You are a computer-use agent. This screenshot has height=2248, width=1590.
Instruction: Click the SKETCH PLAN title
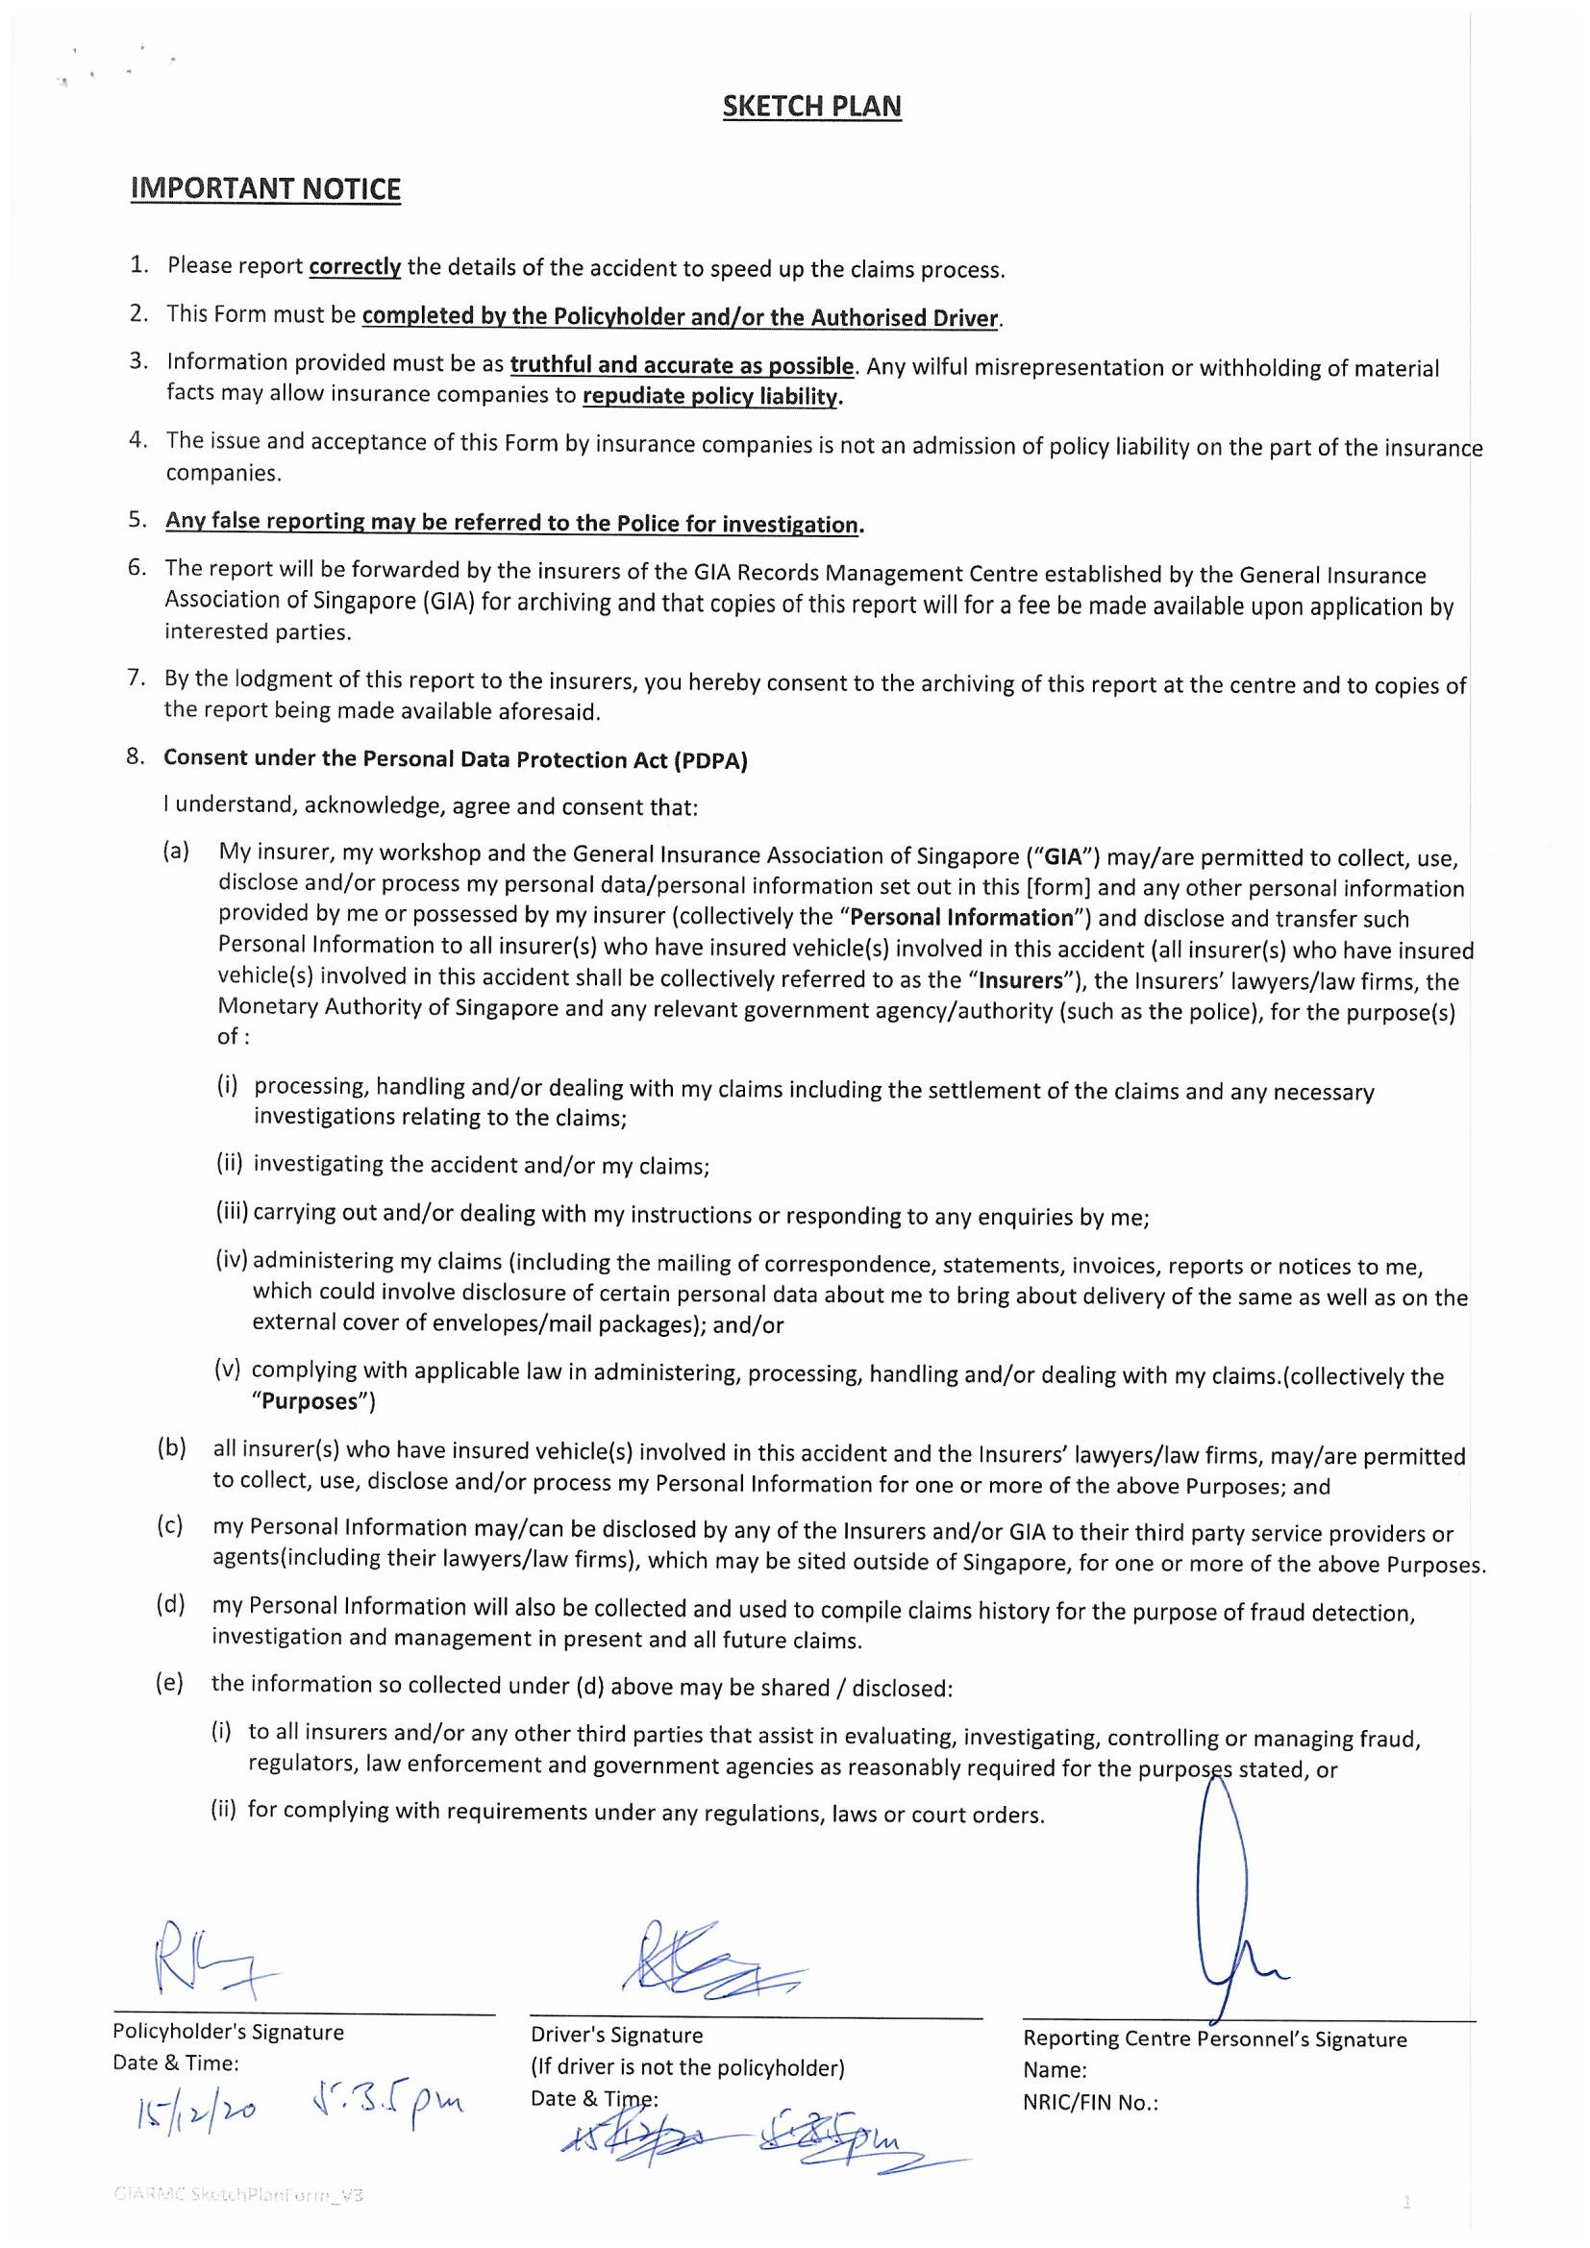click(x=811, y=107)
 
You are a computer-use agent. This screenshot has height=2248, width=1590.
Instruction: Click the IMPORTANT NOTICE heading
click(x=265, y=189)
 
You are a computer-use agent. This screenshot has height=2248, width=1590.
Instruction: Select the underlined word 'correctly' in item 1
click(x=355, y=266)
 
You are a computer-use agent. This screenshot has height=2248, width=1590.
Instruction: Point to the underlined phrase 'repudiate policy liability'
click(x=711, y=397)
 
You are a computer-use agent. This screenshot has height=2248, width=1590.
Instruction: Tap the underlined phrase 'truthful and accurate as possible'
click(x=683, y=365)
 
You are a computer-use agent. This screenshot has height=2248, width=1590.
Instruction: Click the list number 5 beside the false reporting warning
click(x=137, y=520)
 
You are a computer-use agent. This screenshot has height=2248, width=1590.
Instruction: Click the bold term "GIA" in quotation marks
click(x=1063, y=857)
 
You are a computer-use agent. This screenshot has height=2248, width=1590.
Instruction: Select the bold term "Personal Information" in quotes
click(x=962, y=919)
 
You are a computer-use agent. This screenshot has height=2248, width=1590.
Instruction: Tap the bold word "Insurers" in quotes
click(x=1020, y=981)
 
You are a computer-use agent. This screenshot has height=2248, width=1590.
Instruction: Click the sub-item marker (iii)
click(x=232, y=1212)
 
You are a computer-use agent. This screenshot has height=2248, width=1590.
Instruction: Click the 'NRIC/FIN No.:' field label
click(x=1091, y=2102)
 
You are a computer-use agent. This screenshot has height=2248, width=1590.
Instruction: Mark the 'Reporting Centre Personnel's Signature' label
click(x=1215, y=2039)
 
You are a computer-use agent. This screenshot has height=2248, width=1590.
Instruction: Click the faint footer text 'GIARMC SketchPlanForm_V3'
click(x=237, y=2195)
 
